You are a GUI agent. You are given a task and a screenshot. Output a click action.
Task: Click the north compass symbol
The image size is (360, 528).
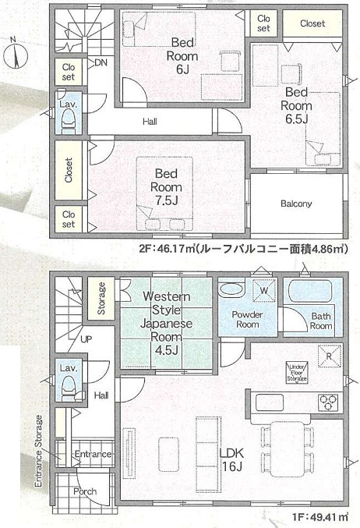18,55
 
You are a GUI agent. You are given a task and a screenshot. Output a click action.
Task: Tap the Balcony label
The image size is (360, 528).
295,204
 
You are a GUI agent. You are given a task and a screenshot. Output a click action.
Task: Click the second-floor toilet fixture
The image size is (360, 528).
68,118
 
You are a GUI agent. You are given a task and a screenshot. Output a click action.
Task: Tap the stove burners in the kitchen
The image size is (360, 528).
328,402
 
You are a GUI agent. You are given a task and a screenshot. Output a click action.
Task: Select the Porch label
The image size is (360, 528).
85,491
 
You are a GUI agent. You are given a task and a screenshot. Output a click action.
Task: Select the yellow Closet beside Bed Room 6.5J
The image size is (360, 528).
312,23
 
